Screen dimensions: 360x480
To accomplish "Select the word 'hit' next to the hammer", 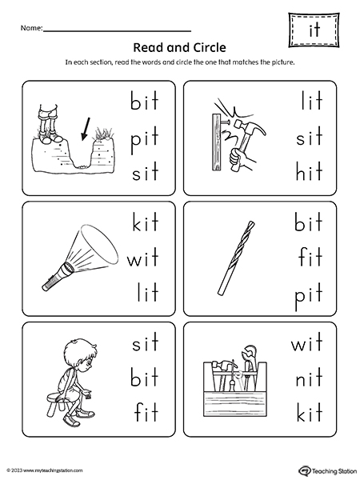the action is coord(309,171).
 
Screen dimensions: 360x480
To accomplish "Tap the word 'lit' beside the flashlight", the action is coord(148,292).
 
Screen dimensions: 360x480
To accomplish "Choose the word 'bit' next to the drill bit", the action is coord(308,221).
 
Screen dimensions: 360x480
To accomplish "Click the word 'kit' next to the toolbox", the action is coord(310,412).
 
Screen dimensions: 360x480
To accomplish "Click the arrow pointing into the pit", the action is coord(86,129).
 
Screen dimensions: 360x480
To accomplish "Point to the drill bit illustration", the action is coord(236,258).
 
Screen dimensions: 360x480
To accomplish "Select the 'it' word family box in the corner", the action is coord(314,30).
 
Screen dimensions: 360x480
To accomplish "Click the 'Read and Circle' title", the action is coord(180,47).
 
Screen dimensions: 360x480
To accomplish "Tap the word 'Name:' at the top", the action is coord(31,28).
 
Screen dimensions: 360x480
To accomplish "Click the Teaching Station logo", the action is coord(326,470).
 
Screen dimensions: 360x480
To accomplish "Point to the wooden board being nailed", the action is coord(217,141).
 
